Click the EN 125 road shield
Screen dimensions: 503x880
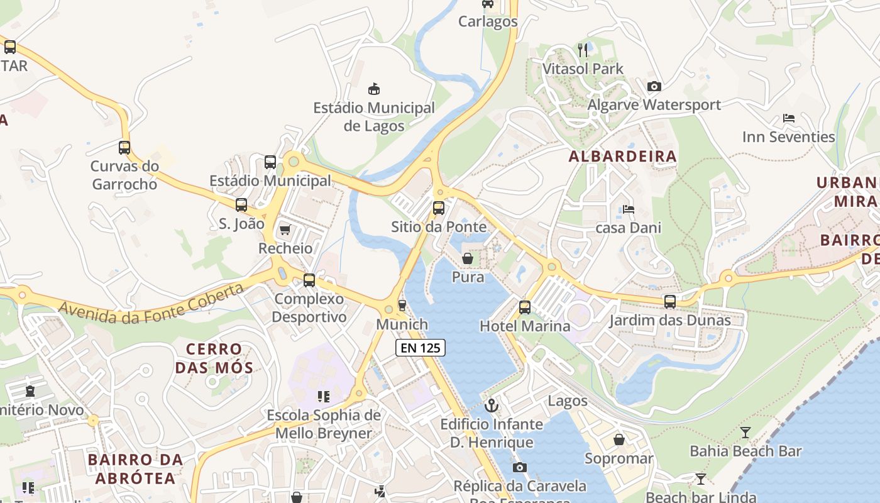pyautogui.click(x=421, y=347)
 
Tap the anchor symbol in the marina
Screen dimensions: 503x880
pyautogui.click(x=492, y=406)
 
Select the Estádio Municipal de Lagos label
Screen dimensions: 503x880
pyautogui.click(x=374, y=116)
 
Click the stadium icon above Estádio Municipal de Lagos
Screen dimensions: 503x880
pyautogui.click(x=374, y=88)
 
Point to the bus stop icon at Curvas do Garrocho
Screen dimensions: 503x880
pyautogui.click(x=124, y=148)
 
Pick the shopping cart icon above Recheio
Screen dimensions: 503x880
pyautogui.click(x=285, y=229)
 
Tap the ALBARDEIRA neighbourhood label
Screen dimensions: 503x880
pyautogui.click(x=623, y=157)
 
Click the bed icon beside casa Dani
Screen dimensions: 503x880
pyautogui.click(x=629, y=209)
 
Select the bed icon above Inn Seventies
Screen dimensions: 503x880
pyautogui.click(x=789, y=118)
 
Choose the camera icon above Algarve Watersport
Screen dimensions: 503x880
pyautogui.click(x=654, y=86)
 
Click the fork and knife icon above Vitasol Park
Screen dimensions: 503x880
pyautogui.click(x=583, y=50)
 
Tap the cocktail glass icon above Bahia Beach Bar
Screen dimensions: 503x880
pyautogui.click(x=745, y=432)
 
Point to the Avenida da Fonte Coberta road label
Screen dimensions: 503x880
pyautogui.click(x=151, y=304)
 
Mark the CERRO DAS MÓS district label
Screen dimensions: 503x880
pyautogui.click(x=214, y=358)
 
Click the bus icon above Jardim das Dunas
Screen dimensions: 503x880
pyautogui.click(x=670, y=302)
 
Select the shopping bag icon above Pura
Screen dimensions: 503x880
pyautogui.click(x=468, y=258)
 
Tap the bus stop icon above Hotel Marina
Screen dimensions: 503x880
pyautogui.click(x=525, y=307)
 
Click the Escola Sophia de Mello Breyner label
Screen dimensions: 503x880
pyautogui.click(x=324, y=424)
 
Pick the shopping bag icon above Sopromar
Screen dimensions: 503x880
pyautogui.click(x=619, y=439)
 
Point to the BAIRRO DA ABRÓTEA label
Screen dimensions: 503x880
pyautogui.click(x=136, y=469)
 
